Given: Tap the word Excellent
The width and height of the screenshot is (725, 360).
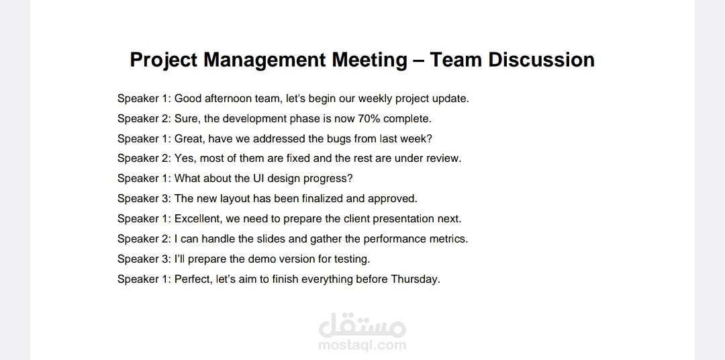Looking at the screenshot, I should pos(199,219).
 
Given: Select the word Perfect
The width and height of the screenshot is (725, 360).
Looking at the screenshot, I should pos(193,279).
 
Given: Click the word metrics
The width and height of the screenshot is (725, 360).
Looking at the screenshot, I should pos(448,239).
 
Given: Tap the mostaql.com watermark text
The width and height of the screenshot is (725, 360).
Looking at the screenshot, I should pos(362,346).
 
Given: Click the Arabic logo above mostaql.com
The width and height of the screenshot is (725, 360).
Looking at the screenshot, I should pos(362,326).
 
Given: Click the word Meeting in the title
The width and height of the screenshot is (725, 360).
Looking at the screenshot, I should pos(369,60).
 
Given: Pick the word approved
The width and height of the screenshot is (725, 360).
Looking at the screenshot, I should pos(392,199).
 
